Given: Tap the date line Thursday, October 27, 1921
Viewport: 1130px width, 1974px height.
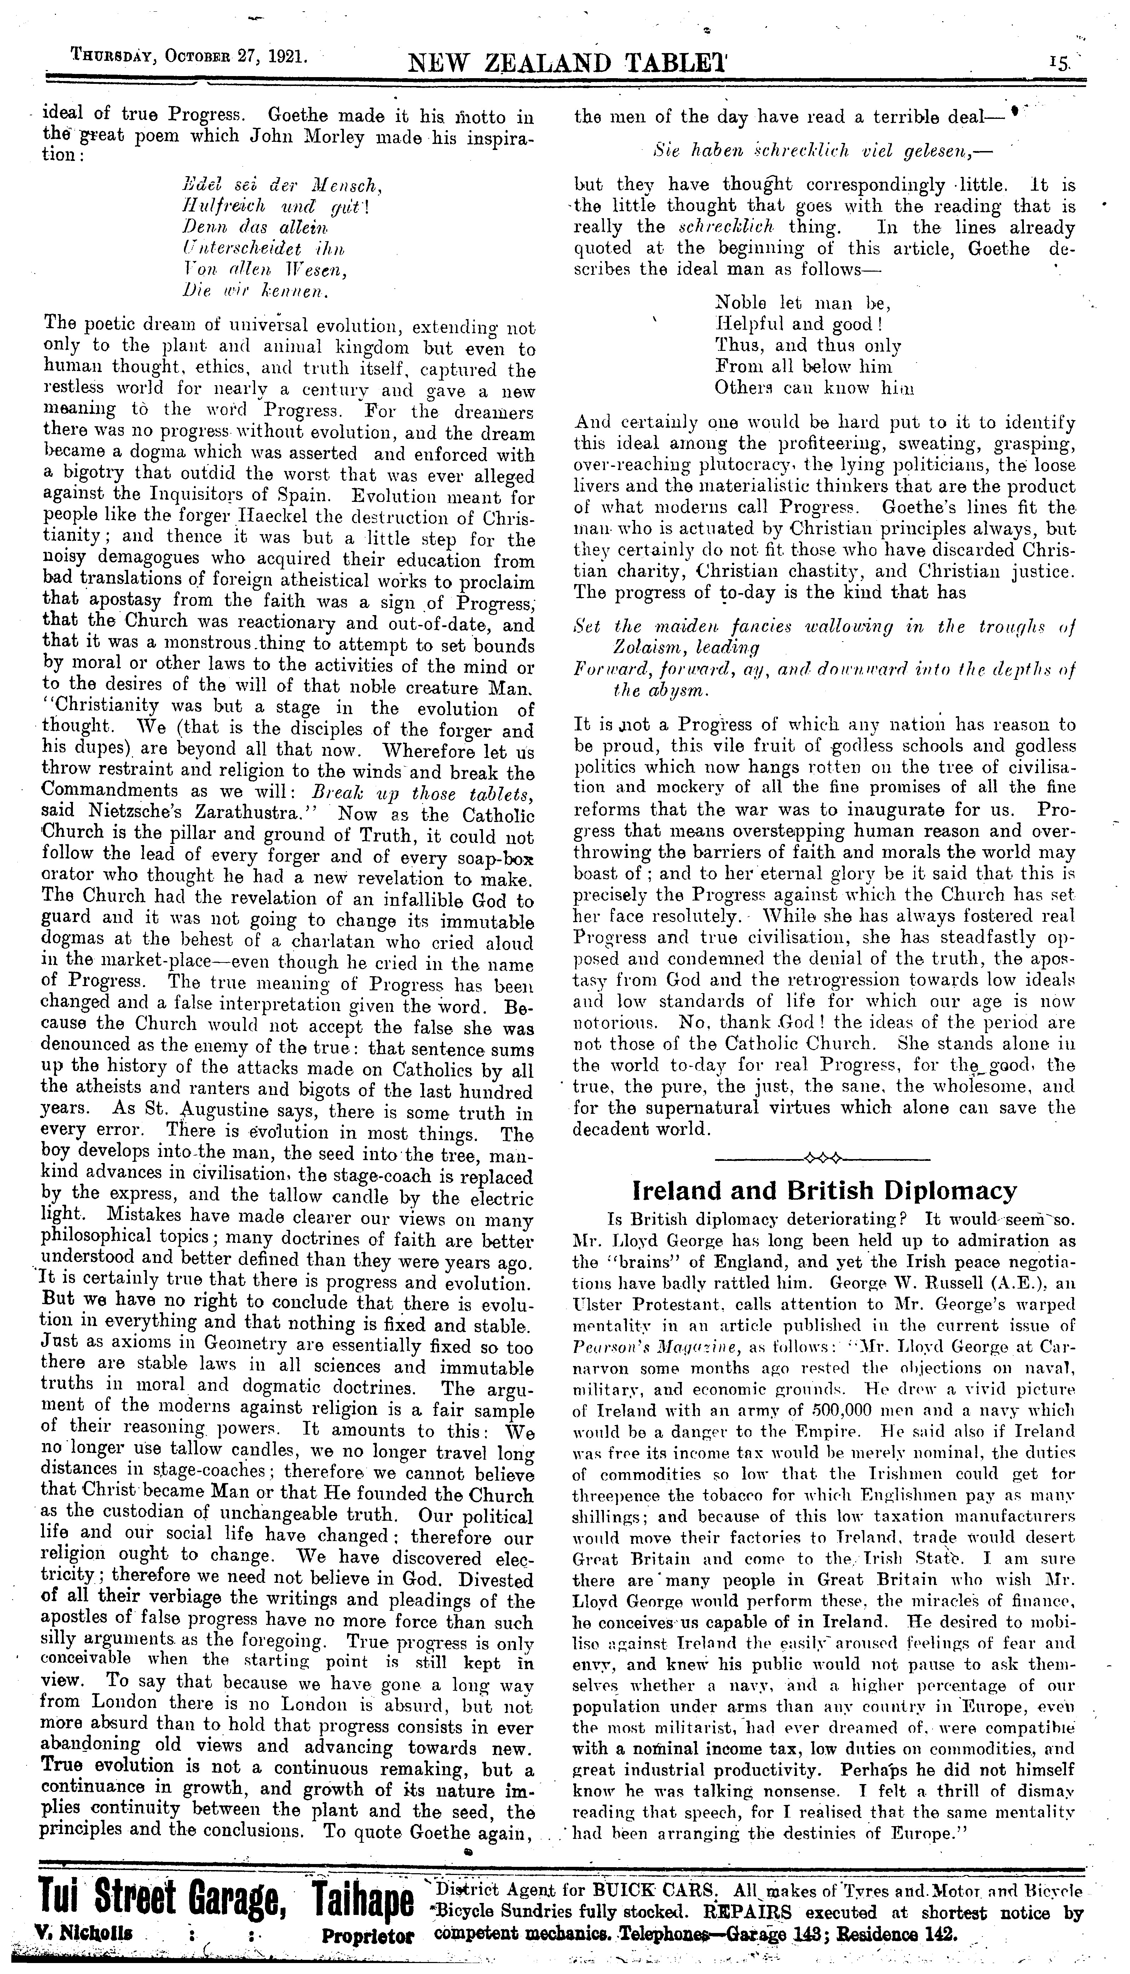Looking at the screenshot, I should (x=190, y=57).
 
